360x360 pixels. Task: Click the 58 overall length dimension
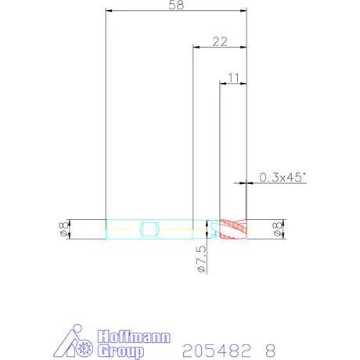[x=176, y=5]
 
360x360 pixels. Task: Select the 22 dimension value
[x=220, y=41]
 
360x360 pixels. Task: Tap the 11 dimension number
[x=234, y=78]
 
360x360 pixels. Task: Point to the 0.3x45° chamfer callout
[x=283, y=177]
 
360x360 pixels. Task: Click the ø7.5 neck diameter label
[x=202, y=259]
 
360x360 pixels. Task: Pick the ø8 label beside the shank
[x=64, y=229]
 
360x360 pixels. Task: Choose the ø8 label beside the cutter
[x=278, y=229]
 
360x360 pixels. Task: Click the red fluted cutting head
[x=233, y=229]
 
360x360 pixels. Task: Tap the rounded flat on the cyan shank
[x=149, y=229]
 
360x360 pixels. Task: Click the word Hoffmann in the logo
[x=134, y=337]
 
